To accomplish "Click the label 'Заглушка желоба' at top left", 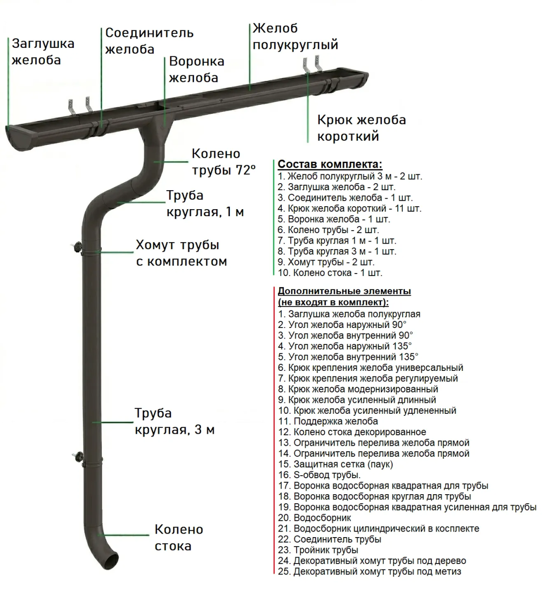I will pyautogui.click(x=43, y=52).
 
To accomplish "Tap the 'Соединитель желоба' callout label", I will pyautogui.click(x=149, y=41).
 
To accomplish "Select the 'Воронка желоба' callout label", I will pyautogui.click(x=196, y=69).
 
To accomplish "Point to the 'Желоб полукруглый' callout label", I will pyautogui.click(x=295, y=36).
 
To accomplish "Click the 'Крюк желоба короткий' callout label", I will pyautogui.click(x=361, y=128).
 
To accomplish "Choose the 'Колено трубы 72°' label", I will pyautogui.click(x=223, y=162).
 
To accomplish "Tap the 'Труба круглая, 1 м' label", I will pyautogui.click(x=205, y=204).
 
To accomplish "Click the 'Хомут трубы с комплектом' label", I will pyautogui.click(x=181, y=253).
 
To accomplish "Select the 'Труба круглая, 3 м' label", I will pyautogui.click(x=175, y=421).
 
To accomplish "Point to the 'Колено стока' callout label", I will pyautogui.click(x=179, y=538).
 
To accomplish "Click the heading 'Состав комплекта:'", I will pyautogui.click(x=330, y=164).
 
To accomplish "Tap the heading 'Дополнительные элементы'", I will pyautogui.click(x=344, y=291).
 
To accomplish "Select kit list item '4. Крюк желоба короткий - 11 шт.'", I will pyautogui.click(x=349, y=209).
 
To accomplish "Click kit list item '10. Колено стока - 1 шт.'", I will pyautogui.click(x=330, y=273).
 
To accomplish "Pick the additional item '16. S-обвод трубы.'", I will pyautogui.click(x=319, y=475).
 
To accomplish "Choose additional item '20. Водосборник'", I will pyautogui.click(x=315, y=518).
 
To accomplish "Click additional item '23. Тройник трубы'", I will pyautogui.click(x=318, y=550).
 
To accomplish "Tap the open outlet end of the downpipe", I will pyautogui.click(x=110, y=560).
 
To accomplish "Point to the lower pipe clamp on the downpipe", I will pyautogui.click(x=92, y=458).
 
